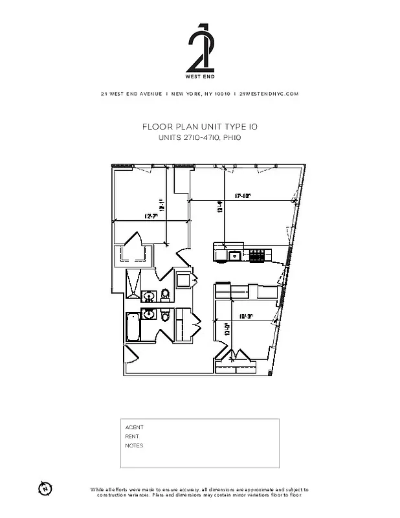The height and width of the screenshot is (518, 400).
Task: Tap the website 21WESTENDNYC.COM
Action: coord(269,94)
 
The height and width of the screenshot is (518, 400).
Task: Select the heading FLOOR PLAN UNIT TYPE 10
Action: coord(199,127)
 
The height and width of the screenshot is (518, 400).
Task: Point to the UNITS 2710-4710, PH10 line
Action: coord(199,138)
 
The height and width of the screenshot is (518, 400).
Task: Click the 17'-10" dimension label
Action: coord(242,195)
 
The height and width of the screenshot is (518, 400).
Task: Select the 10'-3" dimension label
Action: coord(245,317)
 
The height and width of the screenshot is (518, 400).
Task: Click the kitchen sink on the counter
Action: coord(234,255)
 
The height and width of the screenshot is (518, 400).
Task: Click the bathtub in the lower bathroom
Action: coord(133,327)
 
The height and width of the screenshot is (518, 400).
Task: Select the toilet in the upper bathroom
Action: coord(165,295)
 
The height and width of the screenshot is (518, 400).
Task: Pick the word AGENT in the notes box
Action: coord(134,427)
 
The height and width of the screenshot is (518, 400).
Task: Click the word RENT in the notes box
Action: coord(132,436)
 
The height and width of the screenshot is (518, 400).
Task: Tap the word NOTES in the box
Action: coord(134,445)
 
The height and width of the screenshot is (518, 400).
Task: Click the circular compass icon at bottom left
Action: coord(45,488)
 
